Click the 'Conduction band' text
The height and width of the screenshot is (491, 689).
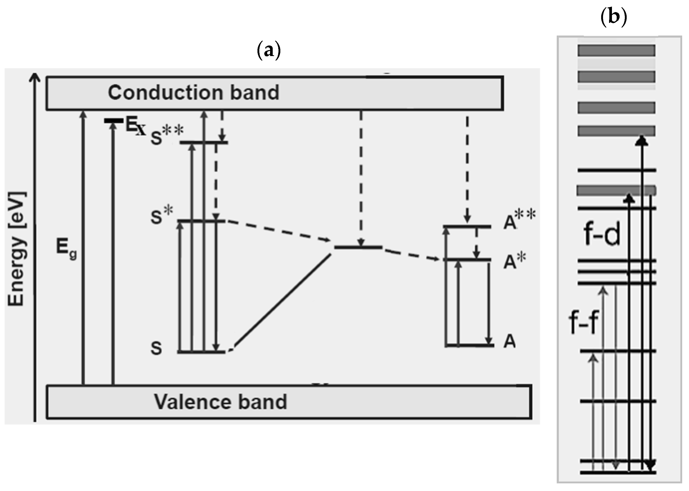tap(193, 93)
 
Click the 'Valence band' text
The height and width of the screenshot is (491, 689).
tap(220, 402)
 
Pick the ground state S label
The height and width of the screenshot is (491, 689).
tap(156, 348)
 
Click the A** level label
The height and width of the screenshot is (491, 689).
tap(519, 219)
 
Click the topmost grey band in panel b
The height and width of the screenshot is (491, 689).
tap(616, 51)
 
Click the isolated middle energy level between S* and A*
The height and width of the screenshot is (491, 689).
tap(358, 248)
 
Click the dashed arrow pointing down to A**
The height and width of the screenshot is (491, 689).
tap(467, 169)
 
